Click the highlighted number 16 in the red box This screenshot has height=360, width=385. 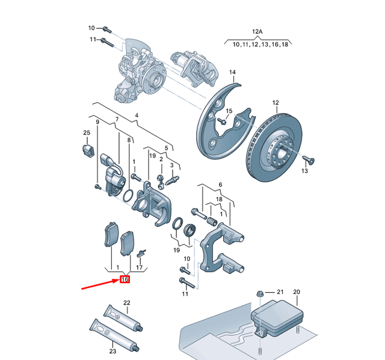tap(125, 279)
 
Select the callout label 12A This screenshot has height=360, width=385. tap(258, 31)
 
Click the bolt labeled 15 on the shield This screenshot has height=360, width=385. tap(221, 121)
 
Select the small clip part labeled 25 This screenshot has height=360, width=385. tap(87, 148)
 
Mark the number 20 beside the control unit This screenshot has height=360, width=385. tap(296, 291)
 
